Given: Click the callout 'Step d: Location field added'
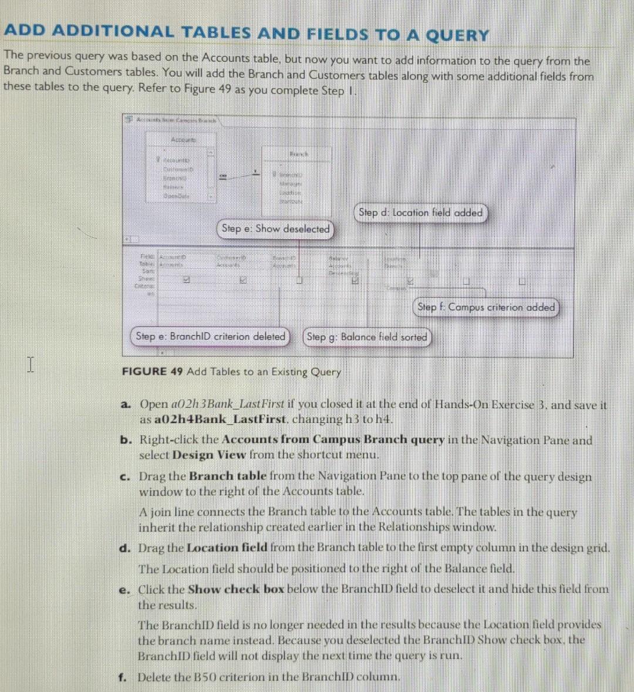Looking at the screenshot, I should [420, 213].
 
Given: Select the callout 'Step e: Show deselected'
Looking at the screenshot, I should [275, 229].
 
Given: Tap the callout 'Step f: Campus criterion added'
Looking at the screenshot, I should [485, 307].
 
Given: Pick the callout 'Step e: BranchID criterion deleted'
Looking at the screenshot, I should [210, 337].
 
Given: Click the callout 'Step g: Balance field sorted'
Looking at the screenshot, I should [367, 337].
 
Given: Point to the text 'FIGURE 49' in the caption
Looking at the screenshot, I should [152, 371].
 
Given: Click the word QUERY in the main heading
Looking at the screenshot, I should [457, 35].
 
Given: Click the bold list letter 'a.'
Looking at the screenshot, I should [126, 405].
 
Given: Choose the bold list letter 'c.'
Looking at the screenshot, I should [125, 477].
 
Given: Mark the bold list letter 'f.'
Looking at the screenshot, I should [123, 677].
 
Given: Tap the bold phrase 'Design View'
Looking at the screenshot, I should [208, 455].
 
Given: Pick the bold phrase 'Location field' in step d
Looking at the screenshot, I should [227, 548].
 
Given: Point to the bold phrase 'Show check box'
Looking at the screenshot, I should [236, 589].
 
